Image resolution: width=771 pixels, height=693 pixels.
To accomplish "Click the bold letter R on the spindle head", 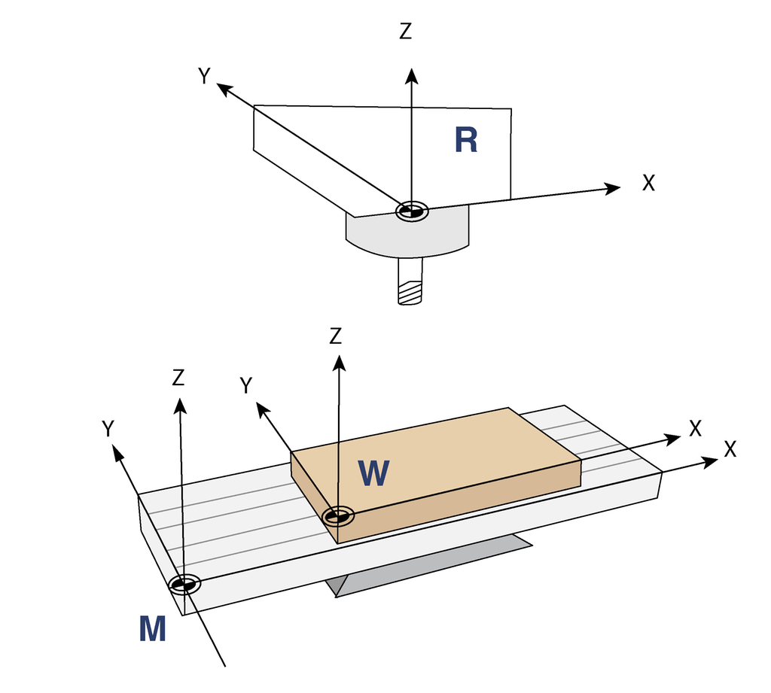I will pyautogui.click(x=466, y=140).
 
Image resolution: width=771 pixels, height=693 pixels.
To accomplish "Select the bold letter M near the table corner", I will pyautogui.click(x=152, y=628).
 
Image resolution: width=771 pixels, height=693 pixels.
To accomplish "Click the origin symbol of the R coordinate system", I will pyautogui.click(x=412, y=211).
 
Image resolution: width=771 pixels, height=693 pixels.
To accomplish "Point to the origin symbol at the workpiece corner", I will pyautogui.click(x=338, y=516).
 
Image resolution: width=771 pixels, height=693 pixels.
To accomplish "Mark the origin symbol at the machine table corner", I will pyautogui.click(x=183, y=584).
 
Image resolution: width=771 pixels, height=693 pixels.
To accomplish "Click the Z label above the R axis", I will pyautogui.click(x=406, y=32).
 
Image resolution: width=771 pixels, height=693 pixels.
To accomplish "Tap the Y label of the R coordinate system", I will pyautogui.click(x=204, y=75).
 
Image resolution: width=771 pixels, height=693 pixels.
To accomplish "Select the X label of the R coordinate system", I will pyautogui.click(x=648, y=182).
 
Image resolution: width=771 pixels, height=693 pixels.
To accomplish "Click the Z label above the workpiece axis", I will pyautogui.click(x=336, y=336).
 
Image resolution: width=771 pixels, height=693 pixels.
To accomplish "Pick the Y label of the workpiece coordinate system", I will pyautogui.click(x=245, y=385).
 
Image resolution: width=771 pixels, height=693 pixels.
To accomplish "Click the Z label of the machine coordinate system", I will pyautogui.click(x=178, y=377).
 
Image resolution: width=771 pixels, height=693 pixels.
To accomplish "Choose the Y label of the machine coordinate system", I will pyautogui.click(x=108, y=428).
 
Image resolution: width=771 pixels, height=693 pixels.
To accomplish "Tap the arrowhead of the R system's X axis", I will pyautogui.click(x=613, y=187).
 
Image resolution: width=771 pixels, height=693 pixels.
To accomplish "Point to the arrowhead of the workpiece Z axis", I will pyautogui.click(x=339, y=363).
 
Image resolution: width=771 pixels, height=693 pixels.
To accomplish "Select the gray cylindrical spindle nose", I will pyautogui.click(x=407, y=236).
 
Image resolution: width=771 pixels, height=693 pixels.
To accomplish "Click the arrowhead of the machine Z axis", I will pyautogui.click(x=179, y=405).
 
